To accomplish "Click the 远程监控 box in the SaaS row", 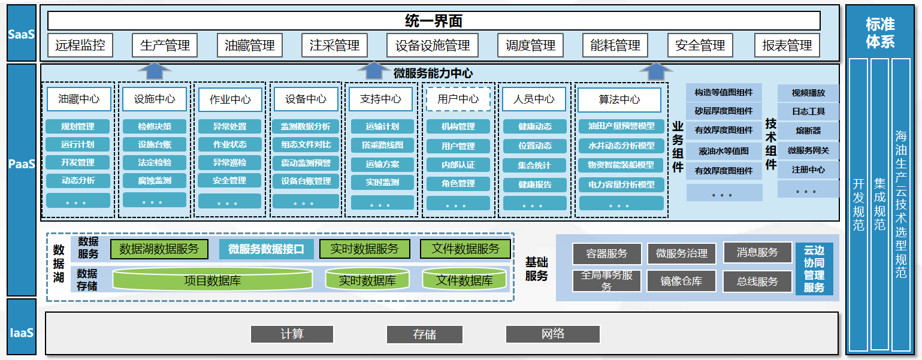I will (x=80, y=45).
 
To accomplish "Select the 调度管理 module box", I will (x=530, y=45).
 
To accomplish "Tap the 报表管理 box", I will (x=787, y=45).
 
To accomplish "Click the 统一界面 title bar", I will (x=433, y=21).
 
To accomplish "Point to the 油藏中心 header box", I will (x=79, y=99).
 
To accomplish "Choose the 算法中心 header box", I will (x=619, y=99).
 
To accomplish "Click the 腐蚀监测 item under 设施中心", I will (x=154, y=180).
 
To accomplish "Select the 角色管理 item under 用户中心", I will (x=458, y=184).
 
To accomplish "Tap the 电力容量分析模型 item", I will (x=621, y=184).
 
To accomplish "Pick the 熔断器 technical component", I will (x=808, y=131).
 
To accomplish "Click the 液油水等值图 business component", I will (x=724, y=151).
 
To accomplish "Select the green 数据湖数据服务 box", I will (x=159, y=249).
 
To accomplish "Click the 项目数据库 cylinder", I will (x=212, y=280).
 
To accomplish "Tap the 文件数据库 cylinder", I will (x=464, y=280).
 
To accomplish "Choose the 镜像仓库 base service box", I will (x=681, y=281).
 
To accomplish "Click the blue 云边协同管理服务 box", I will (x=814, y=269).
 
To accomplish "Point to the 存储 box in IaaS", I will (x=424, y=334).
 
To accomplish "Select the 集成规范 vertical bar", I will (x=879, y=204).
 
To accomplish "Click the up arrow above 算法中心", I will (x=651, y=71).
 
